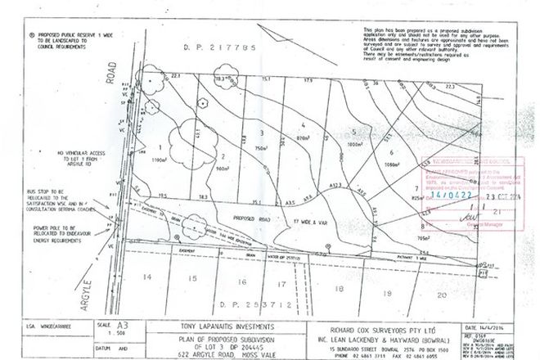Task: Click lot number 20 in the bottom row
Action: (443, 293)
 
